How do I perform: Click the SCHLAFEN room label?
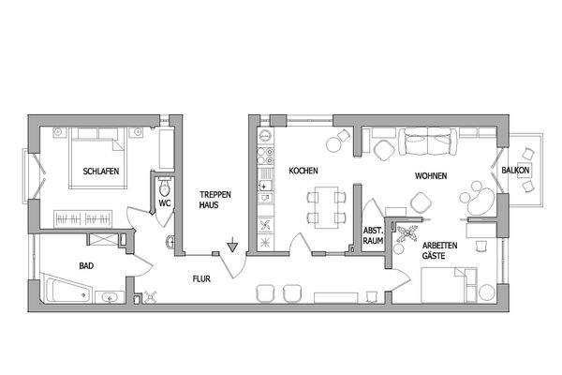(x=99, y=172)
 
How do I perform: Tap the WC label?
(x=164, y=202)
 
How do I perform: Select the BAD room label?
(x=86, y=266)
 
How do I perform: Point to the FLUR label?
(x=201, y=278)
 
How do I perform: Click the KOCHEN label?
(x=303, y=172)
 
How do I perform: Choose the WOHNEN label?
(x=431, y=176)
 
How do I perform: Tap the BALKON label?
(x=516, y=171)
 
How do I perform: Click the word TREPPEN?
(x=214, y=195)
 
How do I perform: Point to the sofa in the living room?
(x=427, y=142)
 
